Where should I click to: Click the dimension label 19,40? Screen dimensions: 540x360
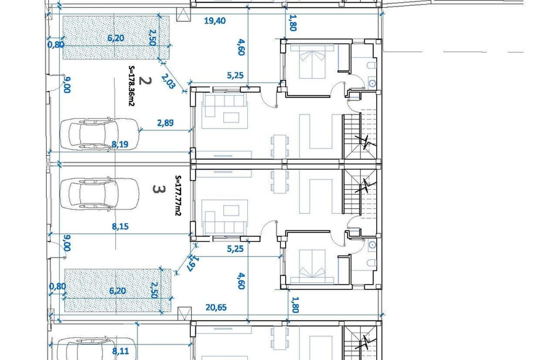coord(215,21)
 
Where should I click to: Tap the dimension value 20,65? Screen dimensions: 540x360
coord(216,307)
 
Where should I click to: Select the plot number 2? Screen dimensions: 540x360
coord(145,81)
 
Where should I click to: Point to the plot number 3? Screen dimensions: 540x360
coord(159,189)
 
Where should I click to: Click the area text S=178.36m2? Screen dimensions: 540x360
coord(131,86)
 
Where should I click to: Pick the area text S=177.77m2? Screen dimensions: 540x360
coord(178,196)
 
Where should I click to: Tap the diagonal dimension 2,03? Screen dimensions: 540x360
coord(168,81)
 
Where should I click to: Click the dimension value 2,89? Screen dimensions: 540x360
coord(166,123)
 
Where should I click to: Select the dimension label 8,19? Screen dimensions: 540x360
coord(120,144)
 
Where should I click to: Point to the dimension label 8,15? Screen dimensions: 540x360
coord(120,226)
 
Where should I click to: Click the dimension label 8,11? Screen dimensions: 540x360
coord(121,351)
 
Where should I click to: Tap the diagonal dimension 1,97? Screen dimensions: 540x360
coord(193,263)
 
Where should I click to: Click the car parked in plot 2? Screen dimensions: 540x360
coord(99,134)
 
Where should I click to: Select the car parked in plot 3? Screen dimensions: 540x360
coord(99,194)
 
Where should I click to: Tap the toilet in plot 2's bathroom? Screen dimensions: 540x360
coord(372,65)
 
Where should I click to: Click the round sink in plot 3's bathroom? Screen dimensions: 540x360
coord(373,245)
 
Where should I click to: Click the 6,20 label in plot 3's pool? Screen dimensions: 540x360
coord(117,291)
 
